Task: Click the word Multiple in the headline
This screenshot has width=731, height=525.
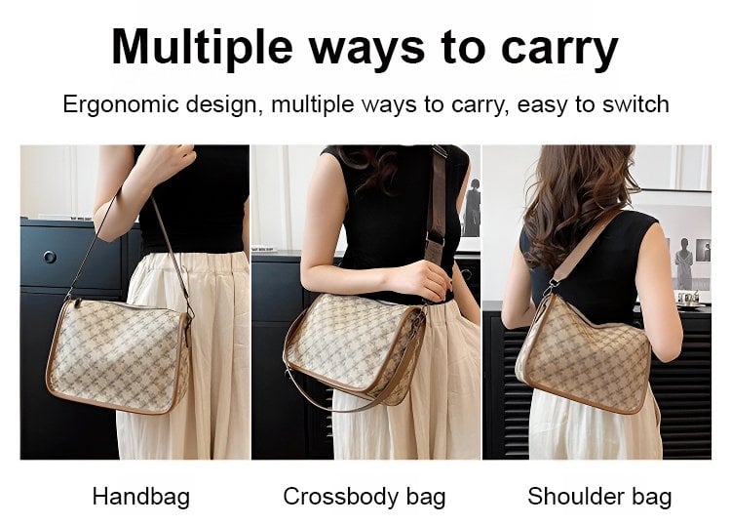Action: tap(202, 47)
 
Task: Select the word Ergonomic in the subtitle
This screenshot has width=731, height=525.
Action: tap(121, 104)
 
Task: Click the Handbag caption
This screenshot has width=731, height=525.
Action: tap(140, 497)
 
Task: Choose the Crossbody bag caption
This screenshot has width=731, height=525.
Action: tap(365, 497)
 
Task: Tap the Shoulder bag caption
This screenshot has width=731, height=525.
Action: tap(599, 497)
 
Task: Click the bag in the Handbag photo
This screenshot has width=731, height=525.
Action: tap(119, 354)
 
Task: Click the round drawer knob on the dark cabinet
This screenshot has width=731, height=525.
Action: tap(50, 257)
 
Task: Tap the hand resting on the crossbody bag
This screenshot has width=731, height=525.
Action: tap(422, 280)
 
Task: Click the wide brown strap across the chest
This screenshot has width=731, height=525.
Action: tap(437, 210)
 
